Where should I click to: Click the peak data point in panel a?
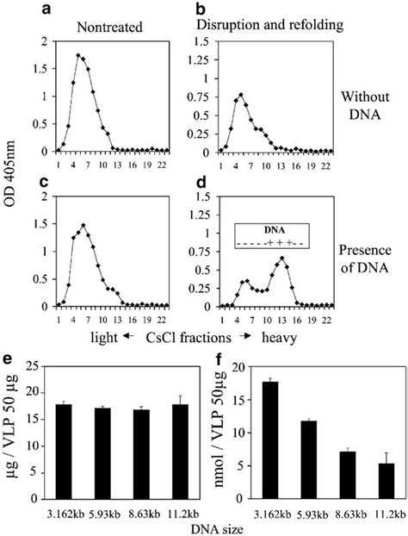pos(79,56)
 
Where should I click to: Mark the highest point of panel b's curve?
pos(241,95)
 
